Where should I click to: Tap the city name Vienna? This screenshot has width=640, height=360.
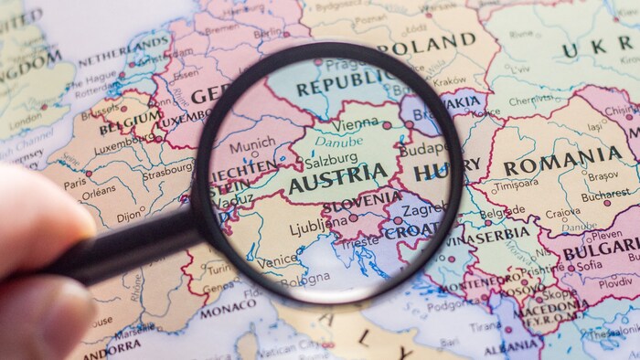356,123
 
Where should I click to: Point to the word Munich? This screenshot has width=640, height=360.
251,146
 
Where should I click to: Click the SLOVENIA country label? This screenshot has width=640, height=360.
361,201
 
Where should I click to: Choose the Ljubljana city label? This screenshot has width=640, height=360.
317,225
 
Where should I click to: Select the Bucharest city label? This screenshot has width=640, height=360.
605,195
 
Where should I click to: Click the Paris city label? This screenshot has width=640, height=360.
75,184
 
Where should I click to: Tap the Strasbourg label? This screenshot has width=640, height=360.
167,171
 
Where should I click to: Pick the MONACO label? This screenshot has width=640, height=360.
228,311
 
